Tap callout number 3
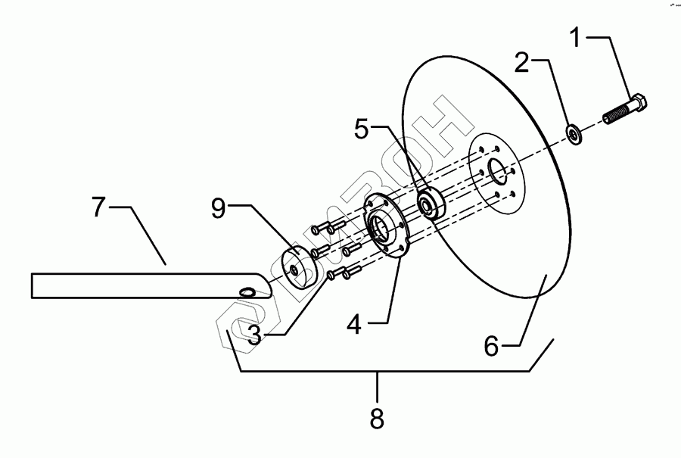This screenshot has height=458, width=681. point(254,335)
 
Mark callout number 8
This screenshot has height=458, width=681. point(376,416)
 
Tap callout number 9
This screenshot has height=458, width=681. point(219,209)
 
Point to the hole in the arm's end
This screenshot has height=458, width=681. point(247,292)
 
